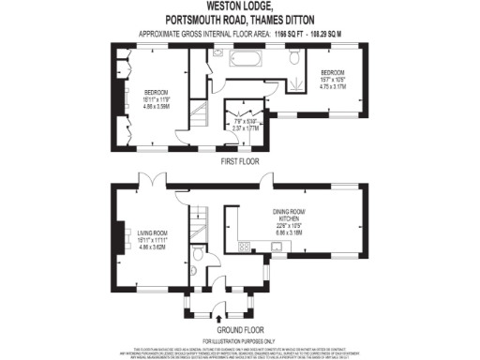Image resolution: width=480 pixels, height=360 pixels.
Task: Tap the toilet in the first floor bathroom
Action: [294, 59]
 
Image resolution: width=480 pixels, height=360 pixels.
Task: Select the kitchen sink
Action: [277, 247]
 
